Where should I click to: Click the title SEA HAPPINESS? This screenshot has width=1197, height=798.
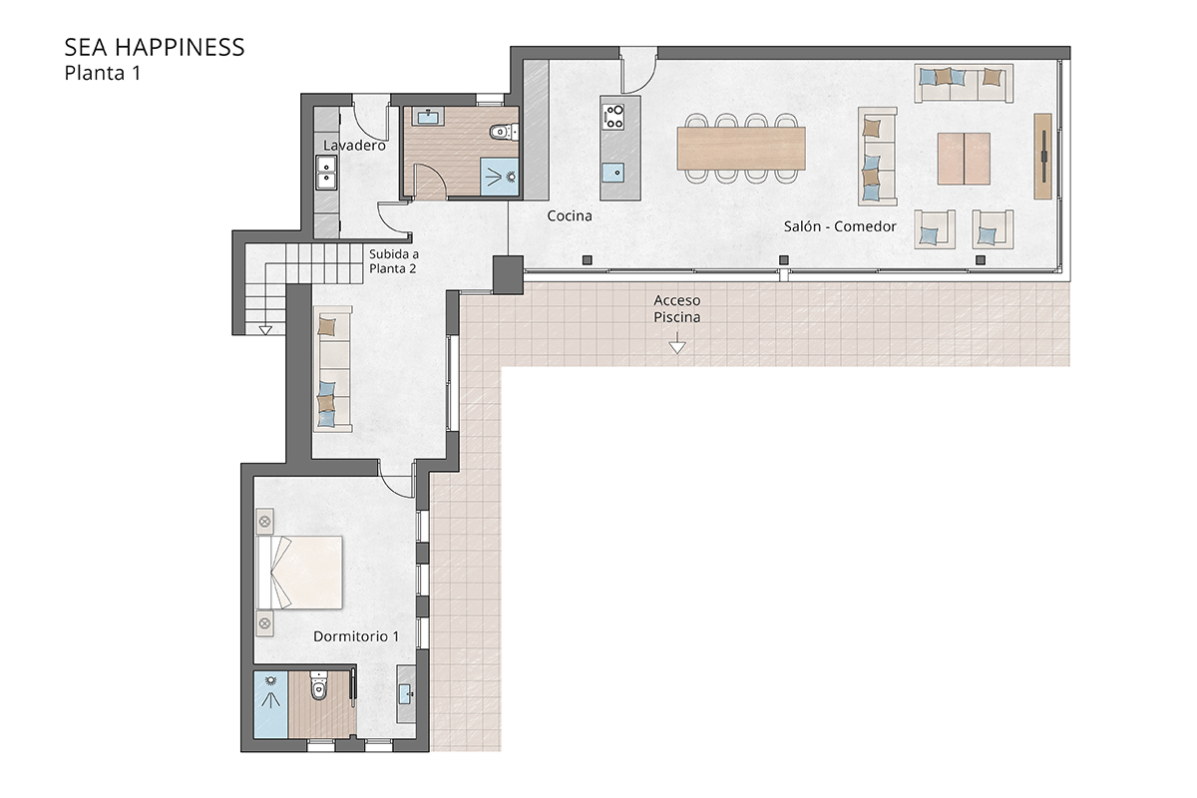tap(154, 47)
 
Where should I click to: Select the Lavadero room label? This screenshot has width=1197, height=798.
tap(354, 146)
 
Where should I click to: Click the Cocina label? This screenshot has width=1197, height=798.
tap(570, 215)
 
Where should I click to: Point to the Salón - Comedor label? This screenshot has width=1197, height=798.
tap(840, 226)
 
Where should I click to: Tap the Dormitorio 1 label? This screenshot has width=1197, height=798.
tap(356, 635)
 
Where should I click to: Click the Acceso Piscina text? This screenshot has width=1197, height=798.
tap(677, 308)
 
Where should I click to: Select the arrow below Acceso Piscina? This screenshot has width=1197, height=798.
tap(677, 346)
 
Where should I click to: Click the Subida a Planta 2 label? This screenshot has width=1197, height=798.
tap(394, 261)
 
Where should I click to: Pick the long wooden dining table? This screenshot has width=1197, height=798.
tap(741, 148)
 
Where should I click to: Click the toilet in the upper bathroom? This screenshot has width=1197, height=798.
tap(504, 130)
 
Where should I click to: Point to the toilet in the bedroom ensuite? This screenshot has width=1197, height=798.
tap(319, 688)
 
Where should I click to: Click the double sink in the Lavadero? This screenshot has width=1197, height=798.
tap(326, 174)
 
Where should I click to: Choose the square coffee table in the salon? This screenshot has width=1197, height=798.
tap(964, 158)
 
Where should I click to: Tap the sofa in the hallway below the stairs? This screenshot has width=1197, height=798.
tap(331, 368)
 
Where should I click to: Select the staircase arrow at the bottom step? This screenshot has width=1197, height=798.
tap(265, 329)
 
